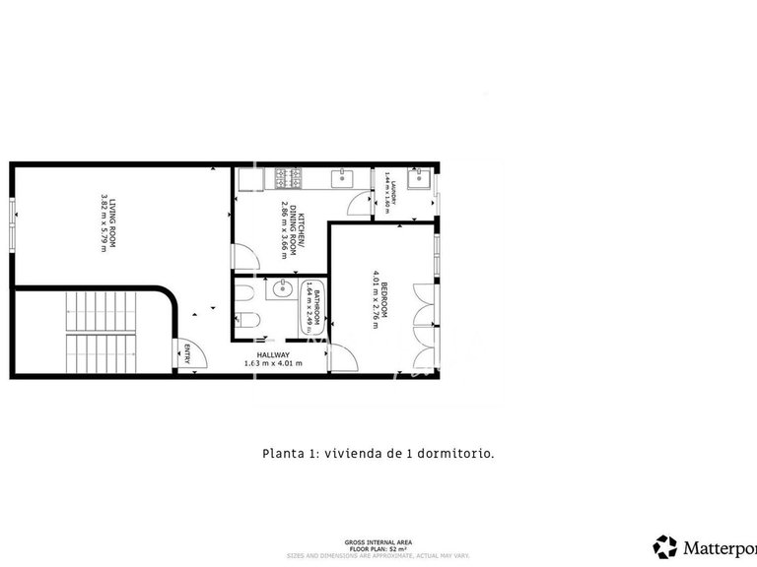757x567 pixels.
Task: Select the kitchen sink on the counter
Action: [x=345, y=177]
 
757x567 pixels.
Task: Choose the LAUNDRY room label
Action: [x=393, y=192]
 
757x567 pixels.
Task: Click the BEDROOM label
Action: [x=384, y=299]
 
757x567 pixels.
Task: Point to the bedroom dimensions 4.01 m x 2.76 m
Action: [x=375, y=299]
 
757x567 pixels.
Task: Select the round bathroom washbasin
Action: [x=280, y=288]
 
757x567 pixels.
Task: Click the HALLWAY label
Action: [x=273, y=355]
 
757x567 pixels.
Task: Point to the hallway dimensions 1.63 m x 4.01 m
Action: [x=273, y=364]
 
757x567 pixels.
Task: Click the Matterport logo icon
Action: [x=665, y=545]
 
